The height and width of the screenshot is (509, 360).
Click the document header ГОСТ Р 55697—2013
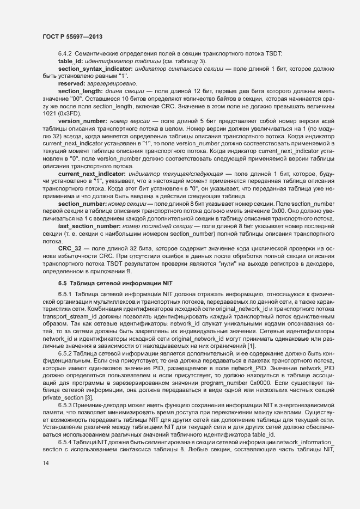(x=72, y=37)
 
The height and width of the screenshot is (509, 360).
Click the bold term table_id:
(x=69, y=63)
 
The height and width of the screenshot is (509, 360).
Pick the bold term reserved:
(x=71, y=83)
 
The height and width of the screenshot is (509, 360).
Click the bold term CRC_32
(x=70, y=248)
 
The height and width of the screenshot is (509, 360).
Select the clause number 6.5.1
(x=65, y=294)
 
